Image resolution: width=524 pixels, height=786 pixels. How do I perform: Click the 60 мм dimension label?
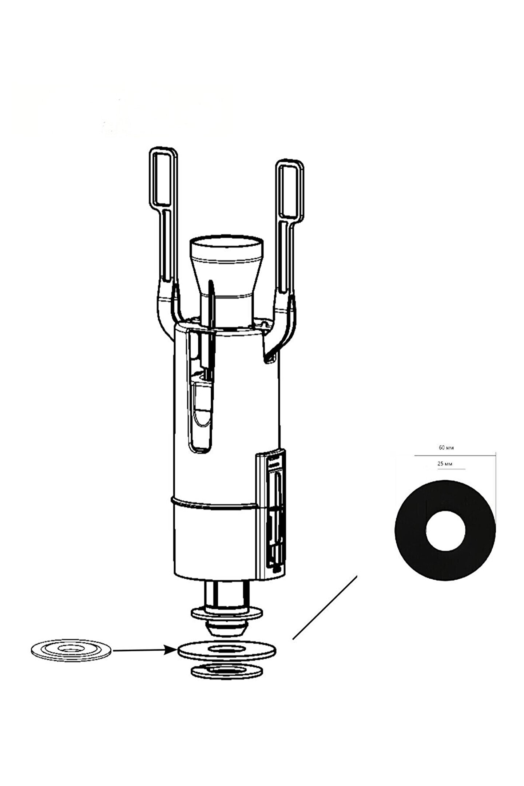pyautogui.click(x=446, y=448)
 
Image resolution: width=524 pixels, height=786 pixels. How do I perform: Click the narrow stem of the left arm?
pyautogui.click(x=166, y=247)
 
